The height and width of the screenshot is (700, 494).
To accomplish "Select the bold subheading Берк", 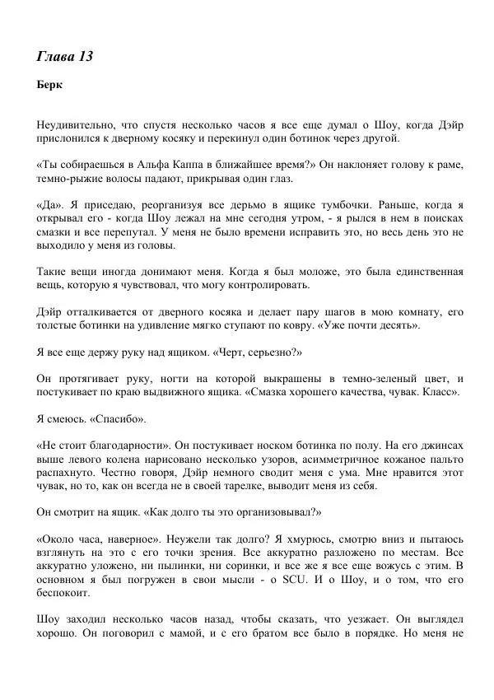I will (50, 85).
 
